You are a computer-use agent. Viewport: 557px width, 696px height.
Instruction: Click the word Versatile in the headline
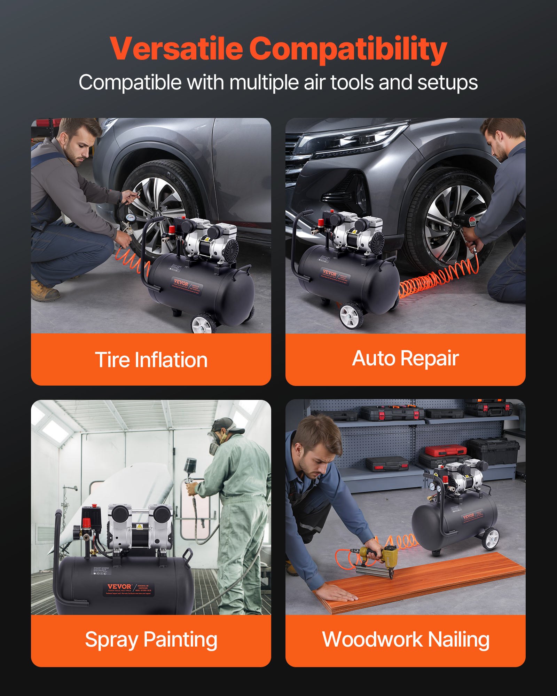click(x=176, y=49)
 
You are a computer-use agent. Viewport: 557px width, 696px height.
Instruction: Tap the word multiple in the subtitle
click(x=265, y=83)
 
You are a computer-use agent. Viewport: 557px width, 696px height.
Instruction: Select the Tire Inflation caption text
click(x=151, y=359)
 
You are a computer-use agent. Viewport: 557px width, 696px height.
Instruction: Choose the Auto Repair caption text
click(x=405, y=358)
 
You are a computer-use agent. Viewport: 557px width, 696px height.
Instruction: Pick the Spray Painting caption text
click(x=151, y=639)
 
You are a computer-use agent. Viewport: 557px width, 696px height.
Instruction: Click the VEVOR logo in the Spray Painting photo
click(x=119, y=587)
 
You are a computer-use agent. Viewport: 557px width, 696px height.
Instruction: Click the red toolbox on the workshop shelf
click(x=446, y=451)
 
